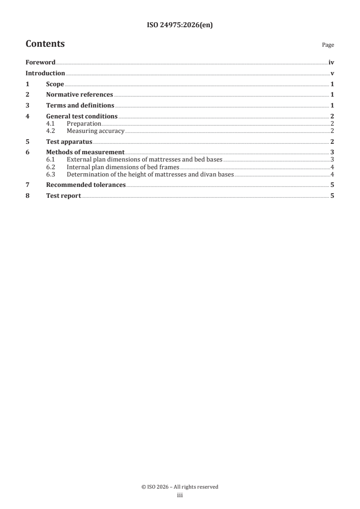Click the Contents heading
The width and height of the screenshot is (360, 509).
tap(45, 44)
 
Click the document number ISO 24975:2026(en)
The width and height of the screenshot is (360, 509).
tap(180, 25)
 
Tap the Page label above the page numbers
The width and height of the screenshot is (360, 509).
tap(328, 45)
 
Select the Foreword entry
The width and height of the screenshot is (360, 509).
tap(40, 63)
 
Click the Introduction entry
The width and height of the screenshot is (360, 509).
tap(45, 73)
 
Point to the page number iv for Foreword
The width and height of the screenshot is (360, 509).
tap(331, 63)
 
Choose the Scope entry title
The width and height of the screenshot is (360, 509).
tap(55, 84)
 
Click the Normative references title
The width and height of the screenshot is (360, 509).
tap(79, 95)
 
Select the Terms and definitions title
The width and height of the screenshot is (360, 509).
tap(80, 105)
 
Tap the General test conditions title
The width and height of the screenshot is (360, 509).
tap(82, 116)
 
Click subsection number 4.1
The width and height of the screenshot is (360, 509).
tap(51, 123)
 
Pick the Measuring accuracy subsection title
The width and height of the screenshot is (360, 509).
tap(95, 131)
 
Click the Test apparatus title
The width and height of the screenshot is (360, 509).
tap(69, 142)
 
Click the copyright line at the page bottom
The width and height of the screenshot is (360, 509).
tap(180, 487)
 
